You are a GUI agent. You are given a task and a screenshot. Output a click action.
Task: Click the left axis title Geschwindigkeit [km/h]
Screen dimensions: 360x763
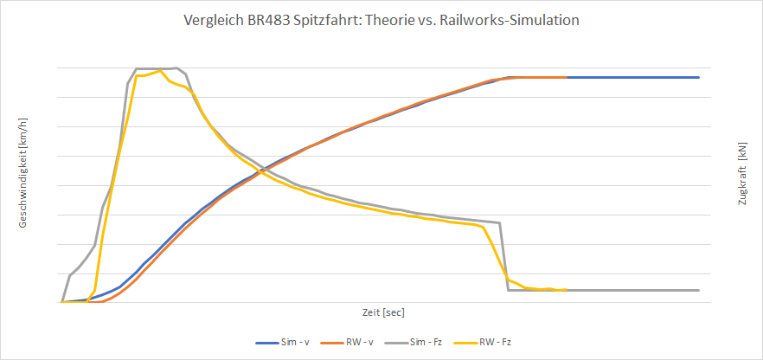(x=23, y=173)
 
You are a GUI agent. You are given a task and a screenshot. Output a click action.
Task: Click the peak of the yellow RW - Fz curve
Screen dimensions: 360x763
(x=160, y=71)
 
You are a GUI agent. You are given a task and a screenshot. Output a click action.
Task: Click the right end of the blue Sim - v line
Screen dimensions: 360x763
(x=698, y=77)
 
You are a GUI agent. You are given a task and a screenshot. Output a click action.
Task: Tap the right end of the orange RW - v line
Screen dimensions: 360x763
(x=567, y=77)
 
